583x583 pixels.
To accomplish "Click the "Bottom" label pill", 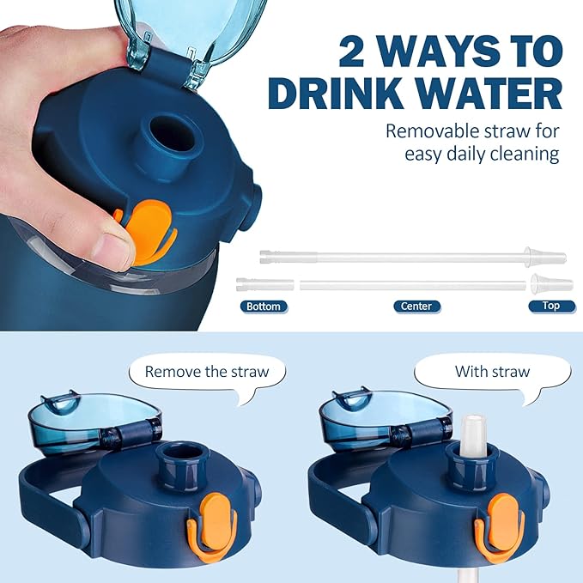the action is tap(264, 307).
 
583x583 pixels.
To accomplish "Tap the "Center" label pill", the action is tap(416, 306).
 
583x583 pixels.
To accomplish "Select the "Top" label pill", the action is tap(551, 306).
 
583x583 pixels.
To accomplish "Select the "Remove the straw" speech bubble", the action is tap(208, 373).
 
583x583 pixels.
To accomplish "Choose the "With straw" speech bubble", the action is tap(492, 373).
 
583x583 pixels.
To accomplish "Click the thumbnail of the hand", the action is tap(112, 245).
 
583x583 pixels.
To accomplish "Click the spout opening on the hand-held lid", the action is tap(172, 133).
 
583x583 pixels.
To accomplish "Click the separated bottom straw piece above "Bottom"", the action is tap(264, 284).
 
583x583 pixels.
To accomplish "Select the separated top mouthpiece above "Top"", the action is tap(552, 283).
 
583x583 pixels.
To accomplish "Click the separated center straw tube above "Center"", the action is tap(413, 285).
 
